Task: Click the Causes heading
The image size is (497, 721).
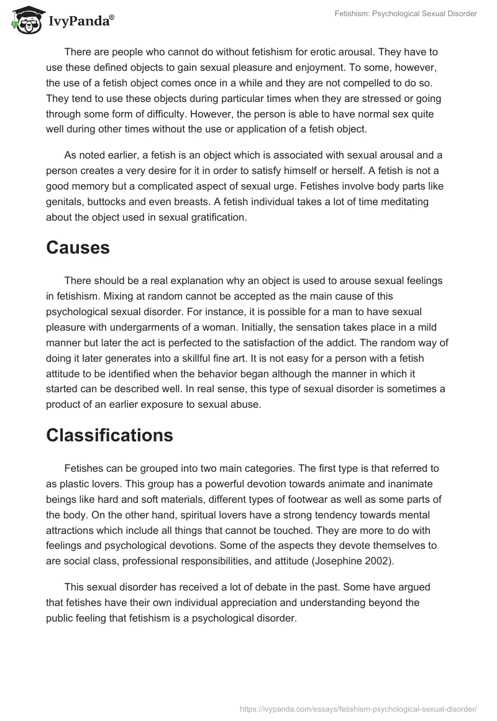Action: tap(78, 248)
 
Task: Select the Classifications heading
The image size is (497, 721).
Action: tap(109, 435)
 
